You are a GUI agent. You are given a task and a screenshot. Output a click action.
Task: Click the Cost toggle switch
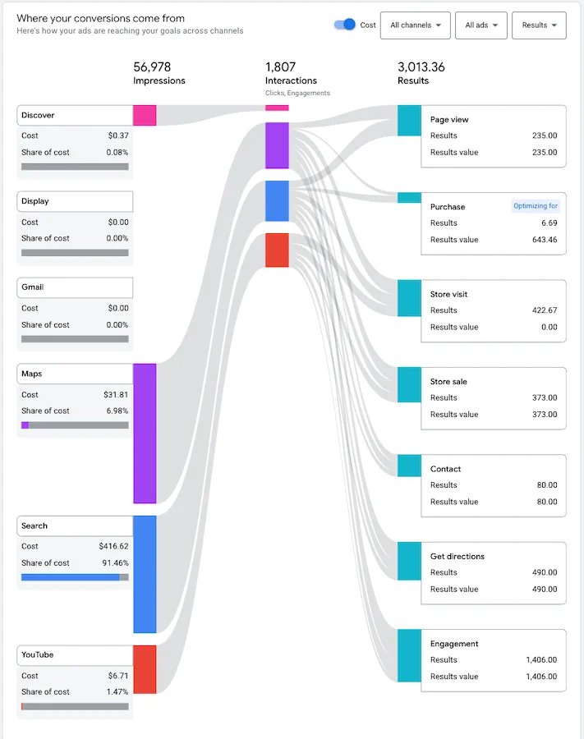tap(344, 25)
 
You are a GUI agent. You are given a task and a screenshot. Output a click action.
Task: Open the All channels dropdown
tap(416, 25)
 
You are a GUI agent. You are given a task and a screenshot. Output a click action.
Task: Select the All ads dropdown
tap(481, 25)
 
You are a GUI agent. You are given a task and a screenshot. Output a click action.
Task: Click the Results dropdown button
tap(539, 25)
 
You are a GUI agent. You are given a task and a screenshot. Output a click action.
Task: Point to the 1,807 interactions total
tap(280, 67)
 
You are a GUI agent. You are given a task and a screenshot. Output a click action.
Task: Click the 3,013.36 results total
tap(421, 67)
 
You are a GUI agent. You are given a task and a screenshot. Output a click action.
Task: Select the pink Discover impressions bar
tap(145, 115)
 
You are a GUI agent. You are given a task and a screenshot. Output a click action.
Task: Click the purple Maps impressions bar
tap(145, 434)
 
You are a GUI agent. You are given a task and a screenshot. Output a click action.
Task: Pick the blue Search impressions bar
tap(145, 574)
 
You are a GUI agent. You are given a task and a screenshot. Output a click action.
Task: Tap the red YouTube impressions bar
tap(145, 669)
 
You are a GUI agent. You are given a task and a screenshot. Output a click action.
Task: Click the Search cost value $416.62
tap(112, 546)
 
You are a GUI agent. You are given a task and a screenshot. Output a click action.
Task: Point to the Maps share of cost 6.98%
tap(117, 411)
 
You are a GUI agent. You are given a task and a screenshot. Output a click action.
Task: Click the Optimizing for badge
tap(536, 206)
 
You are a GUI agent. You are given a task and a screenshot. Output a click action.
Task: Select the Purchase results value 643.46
tap(544, 240)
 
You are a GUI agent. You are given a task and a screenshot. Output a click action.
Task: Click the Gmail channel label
tap(33, 287)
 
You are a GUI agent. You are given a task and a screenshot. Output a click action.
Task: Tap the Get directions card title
tap(458, 557)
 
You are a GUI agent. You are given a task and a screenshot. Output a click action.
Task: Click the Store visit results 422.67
tap(544, 310)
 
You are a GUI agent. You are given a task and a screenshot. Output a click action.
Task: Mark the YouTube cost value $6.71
tap(119, 676)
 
